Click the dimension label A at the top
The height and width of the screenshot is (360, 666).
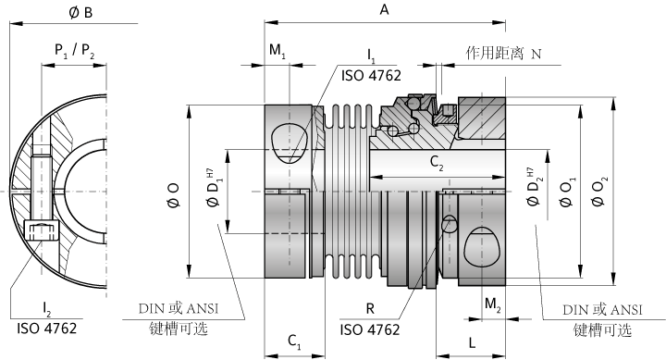(x=384, y=9)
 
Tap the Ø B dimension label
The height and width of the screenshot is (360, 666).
(x=80, y=13)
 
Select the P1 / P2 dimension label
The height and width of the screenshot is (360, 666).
(x=74, y=51)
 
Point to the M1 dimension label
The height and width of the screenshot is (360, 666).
(x=277, y=51)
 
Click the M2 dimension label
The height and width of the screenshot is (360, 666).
(x=493, y=304)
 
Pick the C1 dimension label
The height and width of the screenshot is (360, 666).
(x=294, y=341)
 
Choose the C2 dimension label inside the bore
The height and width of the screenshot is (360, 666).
(x=437, y=162)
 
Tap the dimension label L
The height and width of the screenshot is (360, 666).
(x=472, y=342)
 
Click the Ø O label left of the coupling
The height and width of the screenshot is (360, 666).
(x=174, y=195)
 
